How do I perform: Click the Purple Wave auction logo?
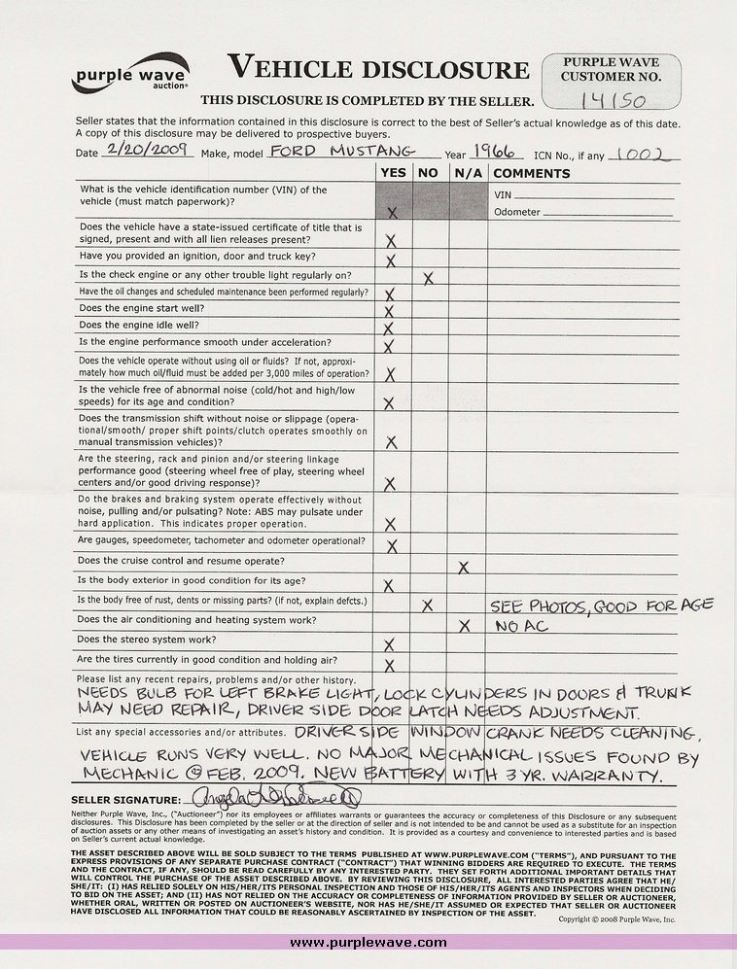[130, 75]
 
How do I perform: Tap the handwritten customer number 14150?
[608, 100]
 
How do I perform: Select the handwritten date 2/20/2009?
[147, 152]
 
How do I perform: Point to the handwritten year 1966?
[496, 152]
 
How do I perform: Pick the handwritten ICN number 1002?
[648, 153]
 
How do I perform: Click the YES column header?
[393, 173]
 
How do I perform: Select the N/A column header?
[468, 173]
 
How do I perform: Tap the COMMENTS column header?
[532, 173]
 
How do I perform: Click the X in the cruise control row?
[464, 566]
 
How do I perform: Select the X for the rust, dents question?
[428, 605]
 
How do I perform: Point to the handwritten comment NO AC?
[521, 626]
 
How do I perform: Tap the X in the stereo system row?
[391, 644]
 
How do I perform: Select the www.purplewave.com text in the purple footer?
[368, 942]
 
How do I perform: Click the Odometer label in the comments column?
[515, 212]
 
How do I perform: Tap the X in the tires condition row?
[391, 665]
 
